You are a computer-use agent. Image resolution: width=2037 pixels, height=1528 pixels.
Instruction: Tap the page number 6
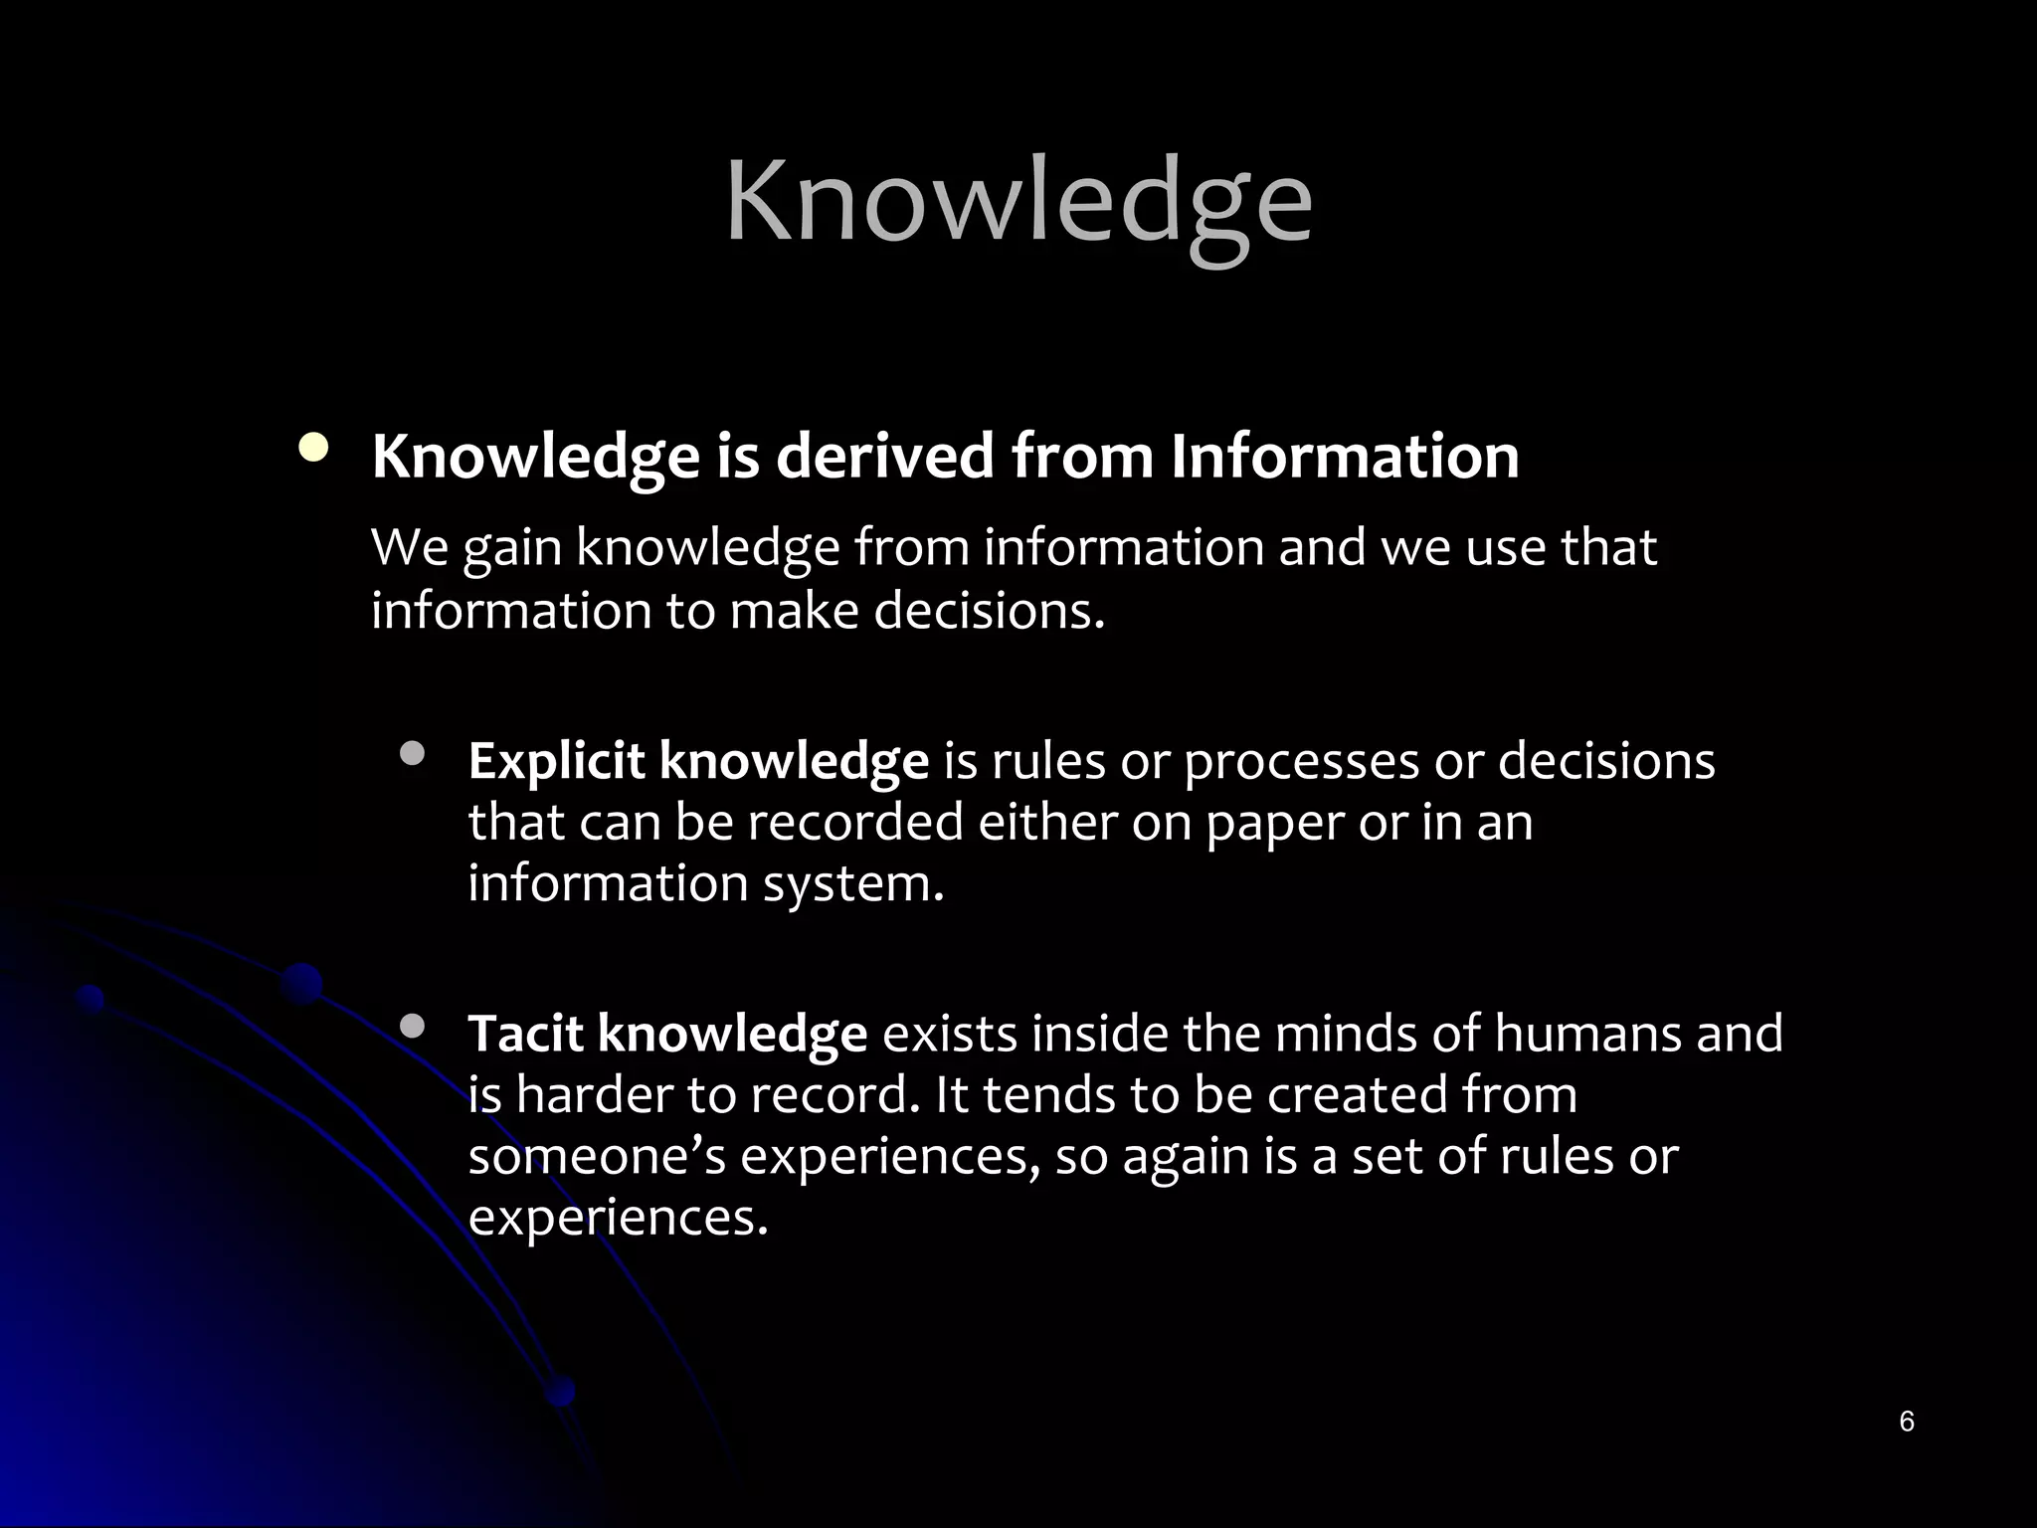[1906, 1421]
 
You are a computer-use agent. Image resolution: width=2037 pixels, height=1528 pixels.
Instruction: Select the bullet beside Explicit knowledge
[412, 754]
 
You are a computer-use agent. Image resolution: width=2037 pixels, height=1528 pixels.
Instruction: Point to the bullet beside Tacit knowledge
[412, 1026]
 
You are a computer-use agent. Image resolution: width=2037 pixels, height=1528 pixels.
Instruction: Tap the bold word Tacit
[524, 1034]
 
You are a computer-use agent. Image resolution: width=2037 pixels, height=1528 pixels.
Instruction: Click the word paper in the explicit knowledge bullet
[1274, 823]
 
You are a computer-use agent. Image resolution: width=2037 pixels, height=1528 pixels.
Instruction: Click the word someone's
[597, 1156]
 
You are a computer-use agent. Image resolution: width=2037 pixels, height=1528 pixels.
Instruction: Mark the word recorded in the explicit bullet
[855, 823]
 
